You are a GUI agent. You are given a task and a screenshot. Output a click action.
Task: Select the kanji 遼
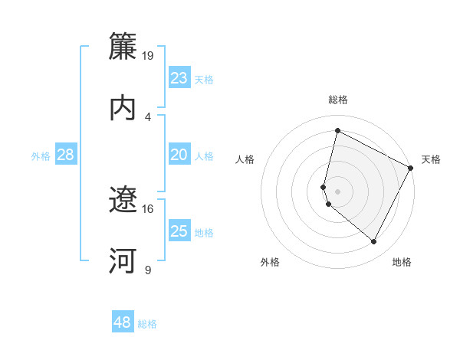tap(123, 200)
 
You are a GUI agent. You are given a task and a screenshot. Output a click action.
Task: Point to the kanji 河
tap(123, 260)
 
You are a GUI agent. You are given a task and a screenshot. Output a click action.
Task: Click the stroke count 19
tap(148, 56)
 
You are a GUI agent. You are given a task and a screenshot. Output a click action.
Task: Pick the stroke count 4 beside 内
tap(148, 116)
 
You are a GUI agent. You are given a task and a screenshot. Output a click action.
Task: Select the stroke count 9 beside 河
tap(148, 270)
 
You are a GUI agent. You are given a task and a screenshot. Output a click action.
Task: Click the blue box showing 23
tap(179, 78)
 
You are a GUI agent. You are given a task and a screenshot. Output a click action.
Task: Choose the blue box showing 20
tap(179, 155)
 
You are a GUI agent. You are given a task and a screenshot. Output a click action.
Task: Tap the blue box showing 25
tap(179, 231)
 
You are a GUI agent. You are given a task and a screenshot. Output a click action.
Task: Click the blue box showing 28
tap(66, 155)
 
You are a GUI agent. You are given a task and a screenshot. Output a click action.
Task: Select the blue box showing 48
tap(123, 322)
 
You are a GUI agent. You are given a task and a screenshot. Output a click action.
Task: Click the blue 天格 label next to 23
tap(204, 80)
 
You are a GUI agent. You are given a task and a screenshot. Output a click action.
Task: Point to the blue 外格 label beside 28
tap(41, 156)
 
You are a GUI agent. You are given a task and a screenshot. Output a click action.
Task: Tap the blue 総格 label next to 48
tap(147, 324)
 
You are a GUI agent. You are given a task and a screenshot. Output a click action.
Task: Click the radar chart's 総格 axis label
tap(337, 100)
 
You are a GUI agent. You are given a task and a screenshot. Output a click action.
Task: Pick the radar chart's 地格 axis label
tap(402, 262)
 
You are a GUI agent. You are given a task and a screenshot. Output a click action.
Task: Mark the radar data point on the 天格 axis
tap(411, 168)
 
